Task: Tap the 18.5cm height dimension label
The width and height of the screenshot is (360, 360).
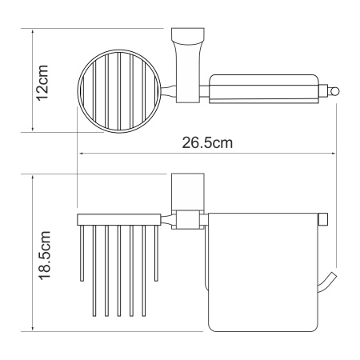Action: point(46,254)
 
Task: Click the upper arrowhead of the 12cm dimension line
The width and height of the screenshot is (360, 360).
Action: point(33,33)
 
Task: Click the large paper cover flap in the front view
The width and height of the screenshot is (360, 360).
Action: point(256,276)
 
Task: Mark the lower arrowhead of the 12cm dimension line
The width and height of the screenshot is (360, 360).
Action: point(33,129)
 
